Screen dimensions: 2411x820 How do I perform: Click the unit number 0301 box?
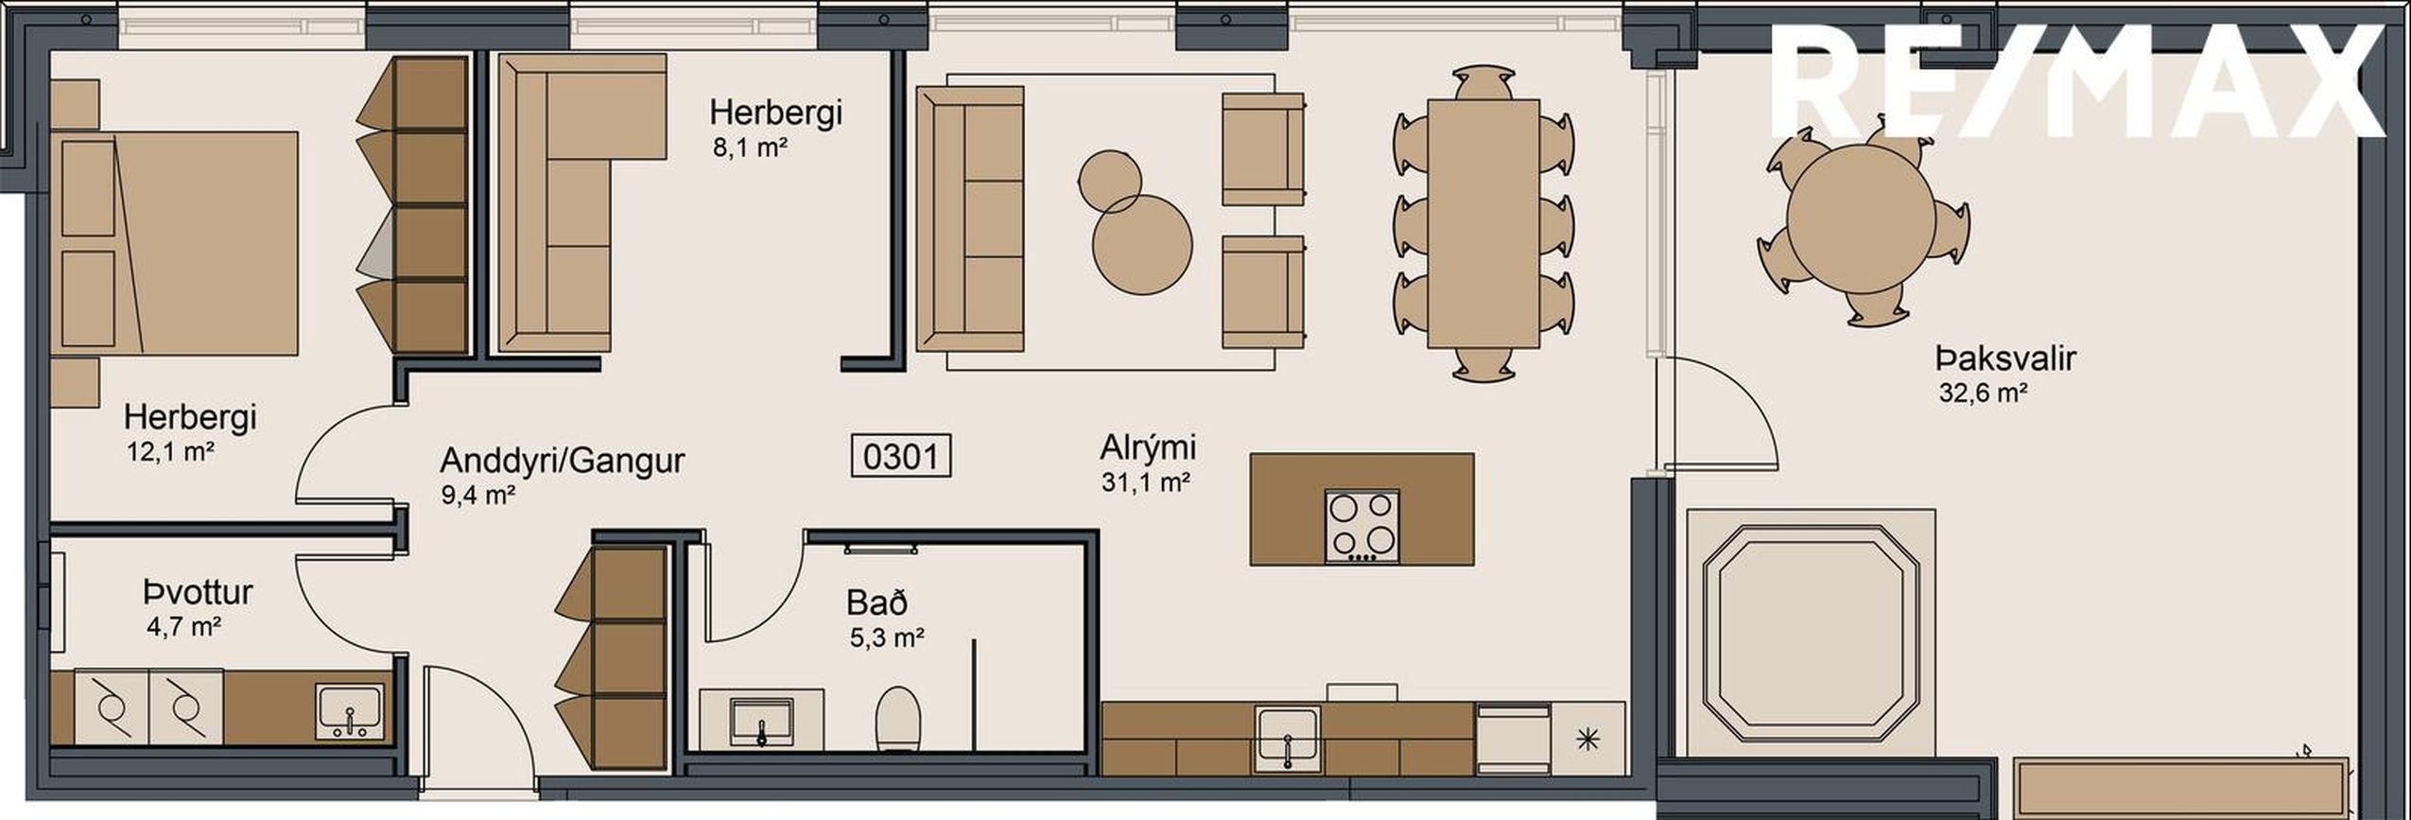(x=901, y=457)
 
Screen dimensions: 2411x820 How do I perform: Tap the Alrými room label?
(x=1148, y=446)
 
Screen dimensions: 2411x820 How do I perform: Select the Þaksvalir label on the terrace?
(x=2004, y=359)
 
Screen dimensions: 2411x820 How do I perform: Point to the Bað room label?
(x=877, y=602)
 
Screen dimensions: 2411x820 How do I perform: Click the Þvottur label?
(x=199, y=593)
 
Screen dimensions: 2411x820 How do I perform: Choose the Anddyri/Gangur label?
(x=563, y=462)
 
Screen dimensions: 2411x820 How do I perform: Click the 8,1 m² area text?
(x=751, y=148)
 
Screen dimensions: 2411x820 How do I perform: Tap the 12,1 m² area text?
(x=170, y=452)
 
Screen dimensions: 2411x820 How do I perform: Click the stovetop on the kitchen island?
(x=1362, y=526)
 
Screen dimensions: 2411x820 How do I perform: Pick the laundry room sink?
(x=350, y=711)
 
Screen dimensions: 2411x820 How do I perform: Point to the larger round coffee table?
(x=1142, y=245)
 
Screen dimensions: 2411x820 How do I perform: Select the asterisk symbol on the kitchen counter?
(x=1588, y=741)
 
